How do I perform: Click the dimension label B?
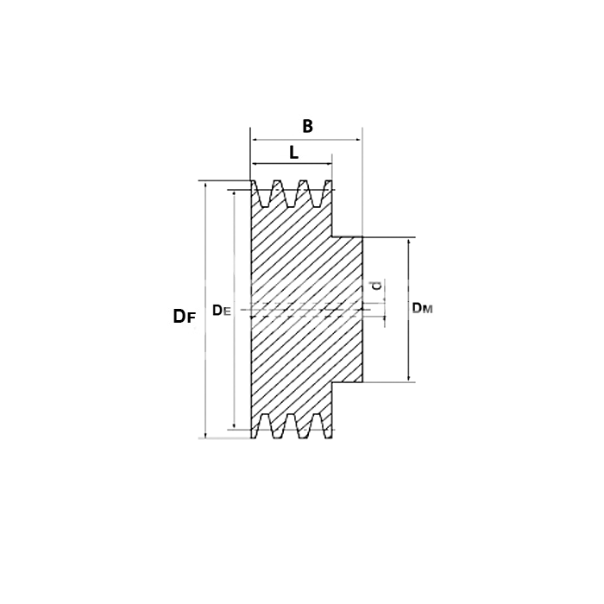(x=307, y=126)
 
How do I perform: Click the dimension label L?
(x=293, y=153)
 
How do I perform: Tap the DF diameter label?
(x=185, y=317)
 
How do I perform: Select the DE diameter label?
(x=222, y=310)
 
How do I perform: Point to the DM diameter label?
(x=423, y=308)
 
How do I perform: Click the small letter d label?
(x=377, y=286)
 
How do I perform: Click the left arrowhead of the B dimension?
(x=254, y=140)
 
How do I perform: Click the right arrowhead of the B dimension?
(x=359, y=140)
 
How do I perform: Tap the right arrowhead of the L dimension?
(x=329, y=164)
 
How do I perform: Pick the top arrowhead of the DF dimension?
(x=205, y=186)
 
